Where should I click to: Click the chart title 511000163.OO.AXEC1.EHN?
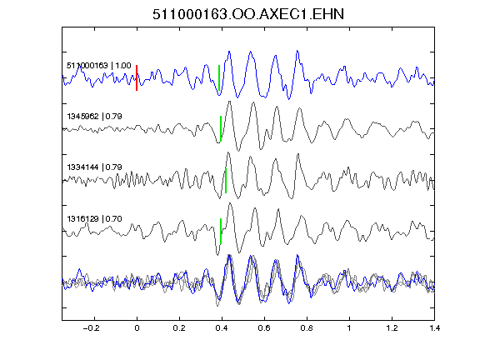point(248,14)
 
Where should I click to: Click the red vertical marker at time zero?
point(137,77)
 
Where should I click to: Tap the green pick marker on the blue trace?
point(219,77)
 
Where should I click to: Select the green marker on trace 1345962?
point(220,128)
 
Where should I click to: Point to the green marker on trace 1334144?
point(226,180)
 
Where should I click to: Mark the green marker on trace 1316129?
point(220,231)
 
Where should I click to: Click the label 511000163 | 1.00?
point(99,66)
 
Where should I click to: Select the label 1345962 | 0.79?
point(95,117)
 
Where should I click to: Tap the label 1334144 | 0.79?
point(95,167)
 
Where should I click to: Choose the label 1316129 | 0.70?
point(95,218)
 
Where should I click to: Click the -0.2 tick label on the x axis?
point(92,328)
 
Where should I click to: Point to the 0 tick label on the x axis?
point(137,328)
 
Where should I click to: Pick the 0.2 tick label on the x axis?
point(179,328)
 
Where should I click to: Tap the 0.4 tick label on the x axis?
point(222,328)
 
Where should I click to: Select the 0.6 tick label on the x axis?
point(264,328)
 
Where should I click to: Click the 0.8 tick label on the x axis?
point(307,328)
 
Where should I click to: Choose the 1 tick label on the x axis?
point(349,328)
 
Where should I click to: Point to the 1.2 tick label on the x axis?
point(392,328)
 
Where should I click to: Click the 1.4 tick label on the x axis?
point(434,328)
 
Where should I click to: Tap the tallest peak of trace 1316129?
point(230,203)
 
